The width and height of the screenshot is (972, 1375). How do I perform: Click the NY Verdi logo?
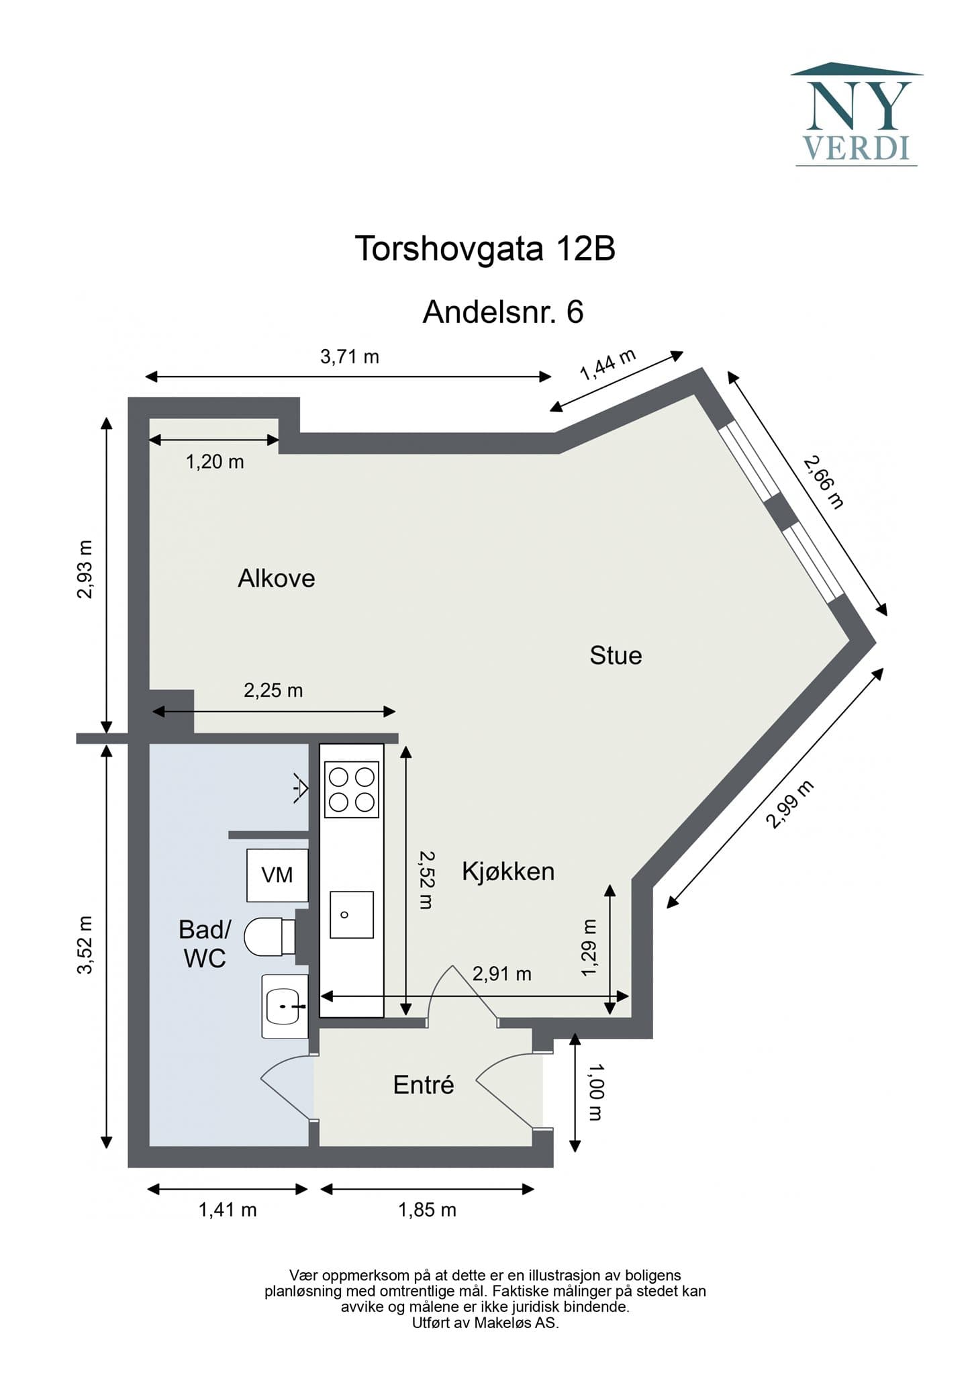click(857, 114)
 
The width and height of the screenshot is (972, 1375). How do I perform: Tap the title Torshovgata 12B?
click(485, 249)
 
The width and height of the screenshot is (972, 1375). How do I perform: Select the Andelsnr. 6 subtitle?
click(503, 312)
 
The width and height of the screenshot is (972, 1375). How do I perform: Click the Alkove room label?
click(277, 578)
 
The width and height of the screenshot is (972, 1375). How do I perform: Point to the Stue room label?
click(616, 655)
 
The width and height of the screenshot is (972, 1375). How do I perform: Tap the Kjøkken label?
click(508, 871)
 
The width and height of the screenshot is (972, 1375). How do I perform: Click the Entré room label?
click(424, 1084)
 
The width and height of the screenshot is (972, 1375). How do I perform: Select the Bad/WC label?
click(205, 943)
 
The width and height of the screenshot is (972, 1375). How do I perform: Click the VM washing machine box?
click(277, 875)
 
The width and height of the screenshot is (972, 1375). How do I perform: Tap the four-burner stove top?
click(352, 790)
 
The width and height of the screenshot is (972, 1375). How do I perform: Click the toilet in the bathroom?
click(270, 937)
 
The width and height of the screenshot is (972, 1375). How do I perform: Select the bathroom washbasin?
click(285, 1006)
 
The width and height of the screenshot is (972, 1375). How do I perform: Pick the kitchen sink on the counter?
click(352, 914)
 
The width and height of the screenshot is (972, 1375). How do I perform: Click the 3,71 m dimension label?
click(350, 357)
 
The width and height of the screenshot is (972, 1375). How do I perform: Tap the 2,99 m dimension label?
click(790, 804)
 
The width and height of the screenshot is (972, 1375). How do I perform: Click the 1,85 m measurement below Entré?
click(428, 1210)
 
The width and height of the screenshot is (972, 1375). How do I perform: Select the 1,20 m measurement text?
click(215, 462)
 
